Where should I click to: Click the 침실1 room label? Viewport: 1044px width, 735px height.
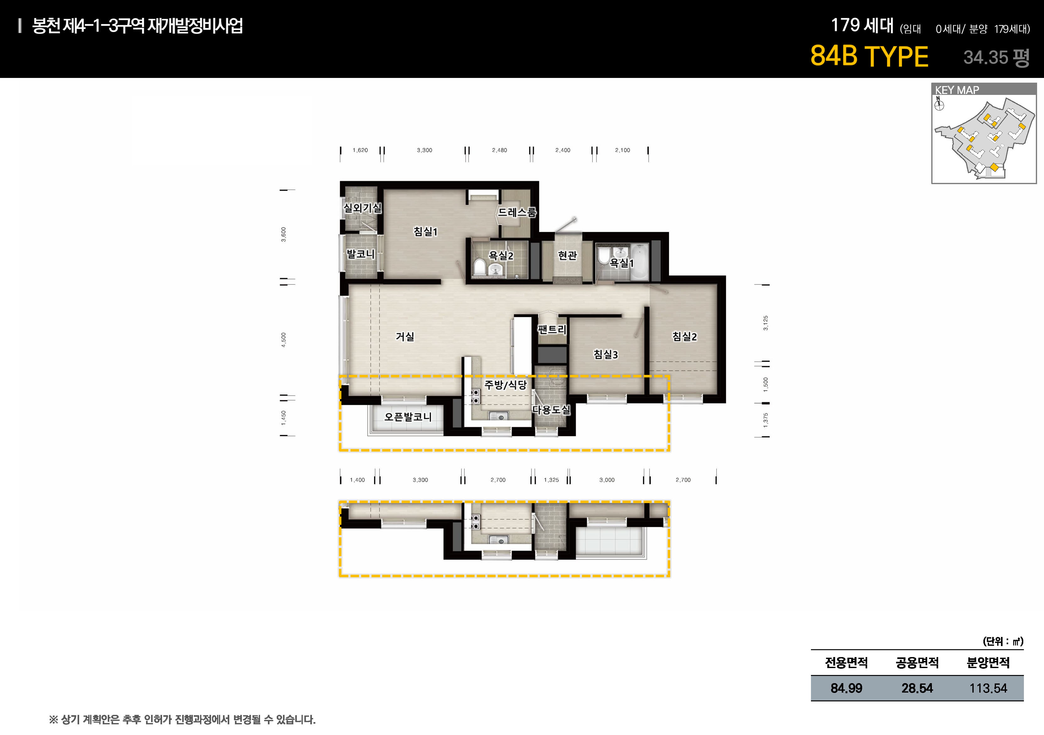tap(425, 232)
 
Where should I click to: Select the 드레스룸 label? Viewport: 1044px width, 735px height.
tap(517, 212)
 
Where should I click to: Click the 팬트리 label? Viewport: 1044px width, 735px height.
tap(552, 329)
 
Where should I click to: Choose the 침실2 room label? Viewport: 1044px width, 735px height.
tap(684, 337)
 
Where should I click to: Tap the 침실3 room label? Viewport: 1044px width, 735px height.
tap(606, 354)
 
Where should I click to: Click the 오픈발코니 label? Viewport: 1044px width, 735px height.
tap(408, 417)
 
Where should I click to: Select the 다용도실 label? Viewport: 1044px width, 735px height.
tap(551, 410)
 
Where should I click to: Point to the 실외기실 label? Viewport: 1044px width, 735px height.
tap(362, 208)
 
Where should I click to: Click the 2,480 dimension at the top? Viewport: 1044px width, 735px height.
tap(499, 150)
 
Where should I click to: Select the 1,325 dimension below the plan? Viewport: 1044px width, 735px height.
tap(551, 480)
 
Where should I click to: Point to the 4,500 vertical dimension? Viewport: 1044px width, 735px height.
tap(283, 340)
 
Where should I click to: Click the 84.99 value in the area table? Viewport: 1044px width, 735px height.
tap(846, 688)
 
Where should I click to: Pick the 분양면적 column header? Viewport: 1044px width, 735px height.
tap(988, 663)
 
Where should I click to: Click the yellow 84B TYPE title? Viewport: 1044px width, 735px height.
tap(869, 56)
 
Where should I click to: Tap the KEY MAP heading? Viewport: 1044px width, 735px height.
tap(957, 90)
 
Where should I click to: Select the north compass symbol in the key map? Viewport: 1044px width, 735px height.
tap(939, 105)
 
